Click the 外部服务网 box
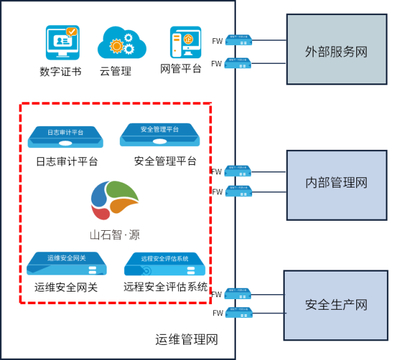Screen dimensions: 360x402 [337, 50]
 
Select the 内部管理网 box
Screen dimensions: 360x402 [337, 184]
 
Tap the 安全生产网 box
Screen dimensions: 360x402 [336, 305]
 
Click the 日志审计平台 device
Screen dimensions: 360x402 [66, 136]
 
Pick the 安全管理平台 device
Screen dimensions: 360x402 [160, 134]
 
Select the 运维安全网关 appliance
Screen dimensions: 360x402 [66, 263]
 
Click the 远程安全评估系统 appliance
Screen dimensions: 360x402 [165, 265]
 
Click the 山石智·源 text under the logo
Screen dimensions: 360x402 [114, 236]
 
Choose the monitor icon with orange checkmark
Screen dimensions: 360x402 [63, 42]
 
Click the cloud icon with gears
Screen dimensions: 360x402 [122, 43]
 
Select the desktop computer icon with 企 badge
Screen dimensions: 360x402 [186, 42]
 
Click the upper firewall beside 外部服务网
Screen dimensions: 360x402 [238, 40]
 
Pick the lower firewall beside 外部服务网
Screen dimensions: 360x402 [238, 63]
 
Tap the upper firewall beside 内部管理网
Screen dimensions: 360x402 [238, 171]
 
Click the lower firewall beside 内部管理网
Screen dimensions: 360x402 [238, 191]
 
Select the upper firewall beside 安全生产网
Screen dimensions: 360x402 [238, 293]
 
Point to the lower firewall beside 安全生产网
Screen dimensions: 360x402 [238, 312]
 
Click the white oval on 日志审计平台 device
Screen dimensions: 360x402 [66, 144]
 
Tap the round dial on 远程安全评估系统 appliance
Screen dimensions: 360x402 [146, 271]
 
